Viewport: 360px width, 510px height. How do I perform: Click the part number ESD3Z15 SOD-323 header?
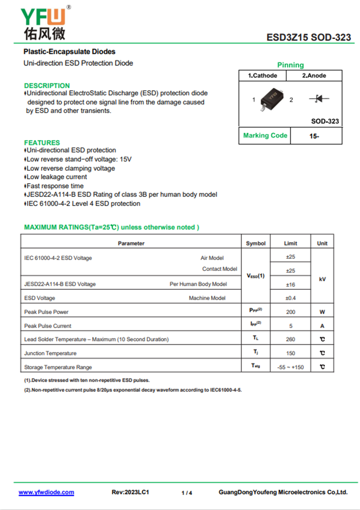tap(308, 37)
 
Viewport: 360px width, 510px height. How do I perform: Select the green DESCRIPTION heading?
tap(47, 86)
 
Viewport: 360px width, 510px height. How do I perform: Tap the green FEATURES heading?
tap(42, 143)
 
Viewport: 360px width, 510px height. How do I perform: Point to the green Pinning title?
tap(290, 65)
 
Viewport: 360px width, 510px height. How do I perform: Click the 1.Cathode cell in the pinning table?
tap(262, 76)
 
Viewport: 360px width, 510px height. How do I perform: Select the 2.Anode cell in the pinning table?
tap(314, 76)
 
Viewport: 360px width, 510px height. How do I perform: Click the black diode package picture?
tap(272, 98)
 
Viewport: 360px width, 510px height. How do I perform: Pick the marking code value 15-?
tap(314, 136)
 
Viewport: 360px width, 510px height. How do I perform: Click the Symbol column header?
tap(256, 244)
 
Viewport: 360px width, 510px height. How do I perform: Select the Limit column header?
tap(291, 244)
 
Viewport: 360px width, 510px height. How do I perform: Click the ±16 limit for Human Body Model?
tap(291, 284)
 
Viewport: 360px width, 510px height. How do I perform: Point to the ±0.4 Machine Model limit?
tap(291, 298)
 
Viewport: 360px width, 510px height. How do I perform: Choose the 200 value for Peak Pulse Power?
tap(291, 312)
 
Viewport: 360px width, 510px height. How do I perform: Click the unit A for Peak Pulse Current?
tap(322, 326)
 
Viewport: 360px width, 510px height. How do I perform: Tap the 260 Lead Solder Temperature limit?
tap(291, 339)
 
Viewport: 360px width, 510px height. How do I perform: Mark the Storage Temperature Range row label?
tap(51, 367)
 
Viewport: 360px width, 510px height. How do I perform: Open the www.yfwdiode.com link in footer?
tap(46, 492)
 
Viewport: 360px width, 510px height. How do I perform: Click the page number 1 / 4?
tap(187, 493)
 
